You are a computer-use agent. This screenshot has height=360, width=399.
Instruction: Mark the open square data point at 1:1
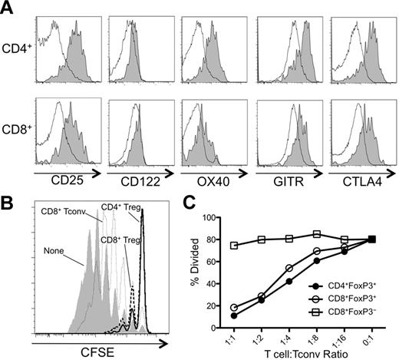233,246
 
